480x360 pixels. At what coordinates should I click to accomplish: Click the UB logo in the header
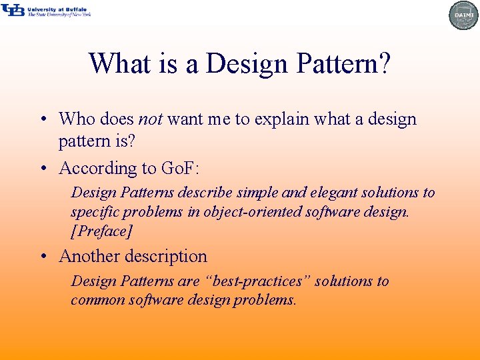click(13, 10)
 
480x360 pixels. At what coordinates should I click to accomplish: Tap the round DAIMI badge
click(463, 15)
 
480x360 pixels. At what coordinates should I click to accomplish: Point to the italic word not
click(151, 119)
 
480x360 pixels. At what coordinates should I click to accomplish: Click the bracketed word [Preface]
click(102, 231)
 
